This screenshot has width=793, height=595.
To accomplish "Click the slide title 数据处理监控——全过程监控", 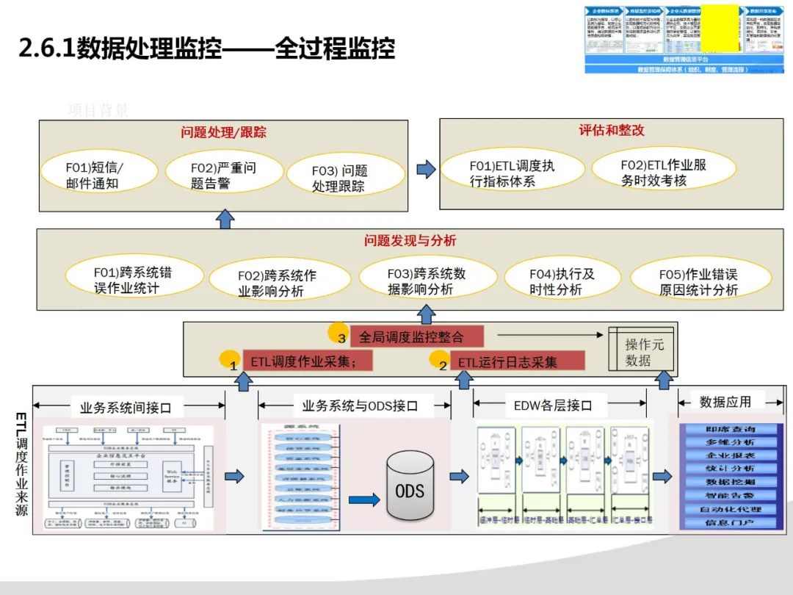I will pos(207,49).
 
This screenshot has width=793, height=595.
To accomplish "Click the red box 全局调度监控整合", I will pos(416,337).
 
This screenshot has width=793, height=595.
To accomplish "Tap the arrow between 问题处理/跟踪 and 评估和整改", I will pos(426,170).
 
